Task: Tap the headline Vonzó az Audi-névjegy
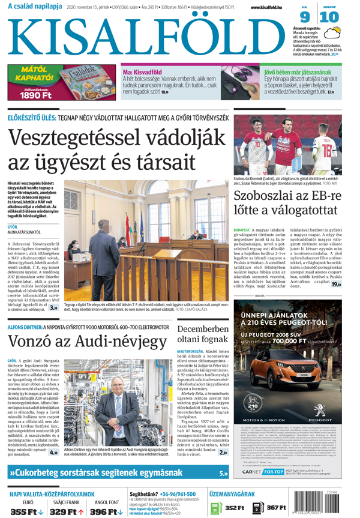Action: coord(87,342)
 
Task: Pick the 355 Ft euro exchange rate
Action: coord(26,511)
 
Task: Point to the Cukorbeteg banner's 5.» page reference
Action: coord(223,474)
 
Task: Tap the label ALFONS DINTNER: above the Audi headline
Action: coord(23,327)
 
